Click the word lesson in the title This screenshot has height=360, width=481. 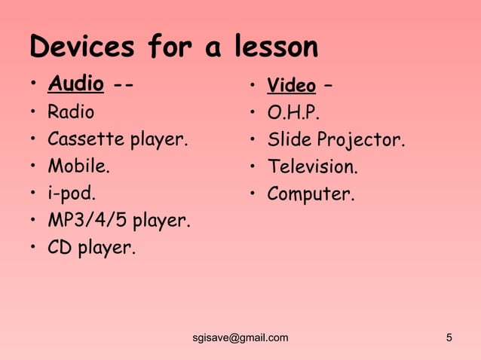tap(268, 47)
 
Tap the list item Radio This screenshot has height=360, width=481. tap(71, 113)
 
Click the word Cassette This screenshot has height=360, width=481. tap(87, 139)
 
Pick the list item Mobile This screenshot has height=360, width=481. tap(77, 166)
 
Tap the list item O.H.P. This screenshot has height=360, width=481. tap(293, 114)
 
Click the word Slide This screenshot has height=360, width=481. tap(290, 140)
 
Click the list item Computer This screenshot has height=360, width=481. tap(310, 194)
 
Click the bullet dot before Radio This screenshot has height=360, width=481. tap(33, 114)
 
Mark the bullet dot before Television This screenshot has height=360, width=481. tap(253, 167)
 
